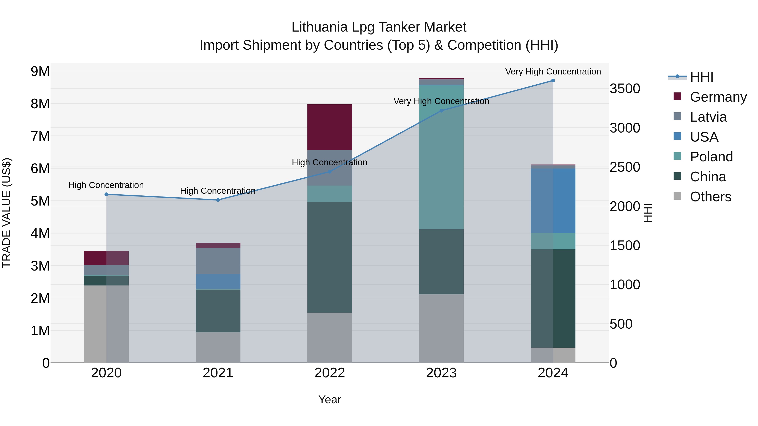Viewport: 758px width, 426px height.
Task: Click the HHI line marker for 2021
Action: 218,200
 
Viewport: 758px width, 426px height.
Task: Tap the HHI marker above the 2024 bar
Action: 553,81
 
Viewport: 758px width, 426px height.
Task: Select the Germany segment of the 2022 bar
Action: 330,127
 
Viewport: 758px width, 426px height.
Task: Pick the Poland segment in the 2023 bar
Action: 441,157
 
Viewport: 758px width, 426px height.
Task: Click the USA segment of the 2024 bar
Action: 553,201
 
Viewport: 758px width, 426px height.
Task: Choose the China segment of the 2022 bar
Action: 330,257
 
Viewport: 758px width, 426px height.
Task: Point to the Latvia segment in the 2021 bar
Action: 218,261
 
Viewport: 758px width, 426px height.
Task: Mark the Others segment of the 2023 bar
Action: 441,328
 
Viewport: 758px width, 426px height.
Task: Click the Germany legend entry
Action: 718,97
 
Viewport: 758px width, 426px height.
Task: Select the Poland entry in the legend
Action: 711,157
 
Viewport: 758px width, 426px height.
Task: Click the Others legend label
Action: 710,197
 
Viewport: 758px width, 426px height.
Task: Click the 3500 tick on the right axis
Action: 625,89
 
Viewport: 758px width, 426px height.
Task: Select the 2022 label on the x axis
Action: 330,373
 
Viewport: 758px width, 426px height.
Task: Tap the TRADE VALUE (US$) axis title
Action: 7,213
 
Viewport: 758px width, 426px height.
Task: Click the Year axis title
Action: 330,399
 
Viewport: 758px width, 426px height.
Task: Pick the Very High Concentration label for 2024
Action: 553,72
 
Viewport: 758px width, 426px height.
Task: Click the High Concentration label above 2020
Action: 106,185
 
